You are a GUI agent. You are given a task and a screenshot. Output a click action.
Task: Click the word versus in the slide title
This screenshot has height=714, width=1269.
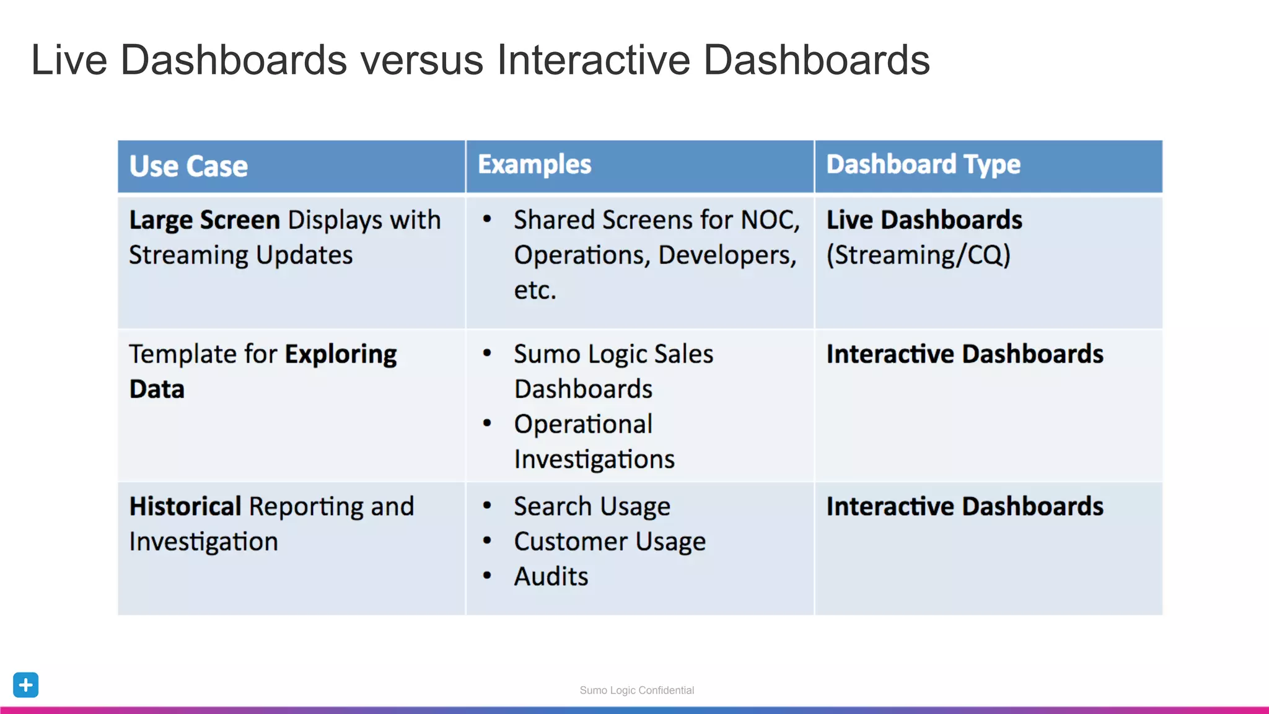[x=421, y=61]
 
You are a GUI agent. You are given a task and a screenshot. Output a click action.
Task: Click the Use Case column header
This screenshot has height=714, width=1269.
[x=188, y=166]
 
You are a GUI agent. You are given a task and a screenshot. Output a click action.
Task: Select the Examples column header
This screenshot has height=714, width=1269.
[x=534, y=165]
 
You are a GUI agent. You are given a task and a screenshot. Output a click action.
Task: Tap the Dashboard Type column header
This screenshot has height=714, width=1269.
[x=923, y=165]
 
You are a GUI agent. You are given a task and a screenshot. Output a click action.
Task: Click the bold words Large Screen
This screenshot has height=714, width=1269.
[x=204, y=221]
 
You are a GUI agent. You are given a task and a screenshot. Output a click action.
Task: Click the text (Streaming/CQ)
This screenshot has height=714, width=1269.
[x=918, y=255]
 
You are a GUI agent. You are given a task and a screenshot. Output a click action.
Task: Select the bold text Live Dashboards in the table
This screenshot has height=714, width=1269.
[x=924, y=221]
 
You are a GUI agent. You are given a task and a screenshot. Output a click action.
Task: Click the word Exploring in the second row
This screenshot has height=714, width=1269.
[x=341, y=355]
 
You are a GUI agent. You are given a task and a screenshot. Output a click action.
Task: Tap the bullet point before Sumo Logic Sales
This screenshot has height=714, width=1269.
[x=487, y=353]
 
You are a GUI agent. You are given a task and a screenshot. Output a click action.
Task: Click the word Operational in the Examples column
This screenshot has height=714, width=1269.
[x=583, y=425]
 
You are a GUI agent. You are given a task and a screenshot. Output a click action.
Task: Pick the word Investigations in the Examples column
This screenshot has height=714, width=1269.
[x=594, y=459]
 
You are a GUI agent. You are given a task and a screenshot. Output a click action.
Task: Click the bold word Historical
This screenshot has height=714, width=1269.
[x=185, y=506]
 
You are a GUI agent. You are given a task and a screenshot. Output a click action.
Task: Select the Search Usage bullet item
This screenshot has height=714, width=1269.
[x=592, y=506]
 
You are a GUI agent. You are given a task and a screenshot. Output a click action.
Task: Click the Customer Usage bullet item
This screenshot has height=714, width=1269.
[x=610, y=542]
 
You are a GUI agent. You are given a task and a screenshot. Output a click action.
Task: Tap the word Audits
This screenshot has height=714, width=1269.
[x=551, y=576]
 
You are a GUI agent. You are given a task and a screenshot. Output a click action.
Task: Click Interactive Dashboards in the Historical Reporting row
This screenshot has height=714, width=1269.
[x=964, y=506]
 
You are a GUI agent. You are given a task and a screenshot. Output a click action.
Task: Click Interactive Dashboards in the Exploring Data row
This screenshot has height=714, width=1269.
[x=964, y=354]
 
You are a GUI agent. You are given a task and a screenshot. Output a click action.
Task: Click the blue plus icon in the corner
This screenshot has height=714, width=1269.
[x=26, y=685]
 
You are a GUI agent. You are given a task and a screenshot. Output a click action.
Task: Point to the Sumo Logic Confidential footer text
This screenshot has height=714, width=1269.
[x=636, y=690]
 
